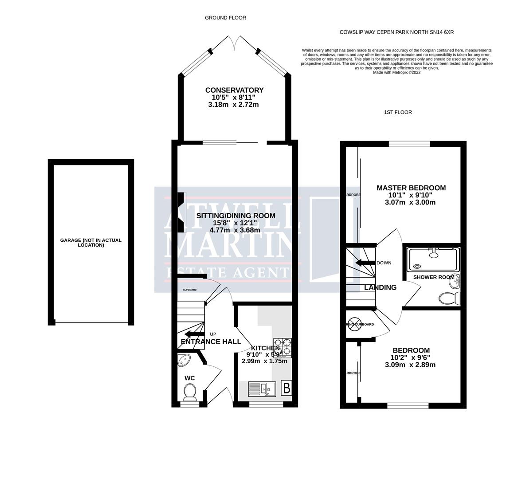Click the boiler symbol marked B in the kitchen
point(286,389)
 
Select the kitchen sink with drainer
point(262,389)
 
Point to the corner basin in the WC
point(183,361)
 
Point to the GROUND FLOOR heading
point(225,18)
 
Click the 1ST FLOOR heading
point(398,112)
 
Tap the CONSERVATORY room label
point(234,90)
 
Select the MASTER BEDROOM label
point(411,188)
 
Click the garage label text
point(90,243)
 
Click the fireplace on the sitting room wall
point(181,212)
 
